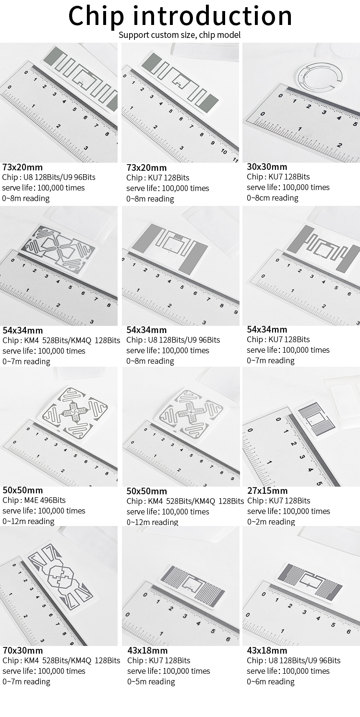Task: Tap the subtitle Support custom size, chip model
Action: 180,35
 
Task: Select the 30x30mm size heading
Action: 267,167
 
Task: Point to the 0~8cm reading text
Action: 273,198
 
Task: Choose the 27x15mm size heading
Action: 267,490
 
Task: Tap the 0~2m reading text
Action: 271,522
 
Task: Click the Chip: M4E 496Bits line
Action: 34,500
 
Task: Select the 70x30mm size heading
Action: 23,650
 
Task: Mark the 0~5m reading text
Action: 151,681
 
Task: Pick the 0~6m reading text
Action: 271,681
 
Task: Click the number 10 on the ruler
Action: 224,151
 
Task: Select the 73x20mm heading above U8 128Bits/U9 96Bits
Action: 23,167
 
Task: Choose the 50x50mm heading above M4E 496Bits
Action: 23,490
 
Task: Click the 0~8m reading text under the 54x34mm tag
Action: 150,361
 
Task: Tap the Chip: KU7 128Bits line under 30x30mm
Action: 278,177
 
